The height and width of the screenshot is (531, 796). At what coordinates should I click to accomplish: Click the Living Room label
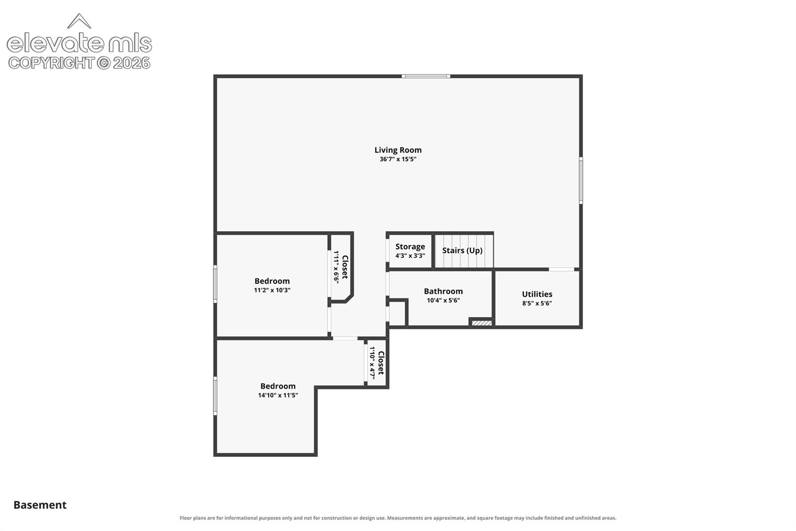pos(398,150)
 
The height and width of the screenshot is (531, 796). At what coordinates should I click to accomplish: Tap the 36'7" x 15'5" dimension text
pos(398,159)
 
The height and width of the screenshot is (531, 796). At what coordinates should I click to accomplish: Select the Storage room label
pos(410,246)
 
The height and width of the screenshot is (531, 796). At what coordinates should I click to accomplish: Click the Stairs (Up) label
pos(462,250)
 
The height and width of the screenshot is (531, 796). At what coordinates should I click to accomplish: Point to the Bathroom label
pos(443,291)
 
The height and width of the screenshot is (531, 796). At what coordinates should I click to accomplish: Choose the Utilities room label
pos(537,294)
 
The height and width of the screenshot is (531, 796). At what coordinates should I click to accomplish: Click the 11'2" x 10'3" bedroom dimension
pos(272,290)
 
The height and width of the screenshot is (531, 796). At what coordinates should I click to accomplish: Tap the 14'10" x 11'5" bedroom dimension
pos(278,395)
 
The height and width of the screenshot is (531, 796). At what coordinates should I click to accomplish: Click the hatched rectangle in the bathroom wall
pos(482,323)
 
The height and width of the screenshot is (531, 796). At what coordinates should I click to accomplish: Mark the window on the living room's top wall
pos(426,76)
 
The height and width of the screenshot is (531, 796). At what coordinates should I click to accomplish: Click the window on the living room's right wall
pos(581,180)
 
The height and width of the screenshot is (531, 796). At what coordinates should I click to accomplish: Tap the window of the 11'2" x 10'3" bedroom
pos(215,284)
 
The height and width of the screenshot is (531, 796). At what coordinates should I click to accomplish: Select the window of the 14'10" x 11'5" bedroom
pos(215,396)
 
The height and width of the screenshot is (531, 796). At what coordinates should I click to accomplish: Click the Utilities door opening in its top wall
pos(562,269)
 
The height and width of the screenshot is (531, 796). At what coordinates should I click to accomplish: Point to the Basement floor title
pos(40,505)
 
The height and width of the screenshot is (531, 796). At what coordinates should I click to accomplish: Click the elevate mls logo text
pos(79,43)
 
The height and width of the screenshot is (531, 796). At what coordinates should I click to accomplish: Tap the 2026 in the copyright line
pos(132,63)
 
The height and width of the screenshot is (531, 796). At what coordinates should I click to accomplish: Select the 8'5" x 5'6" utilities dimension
pos(537,303)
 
